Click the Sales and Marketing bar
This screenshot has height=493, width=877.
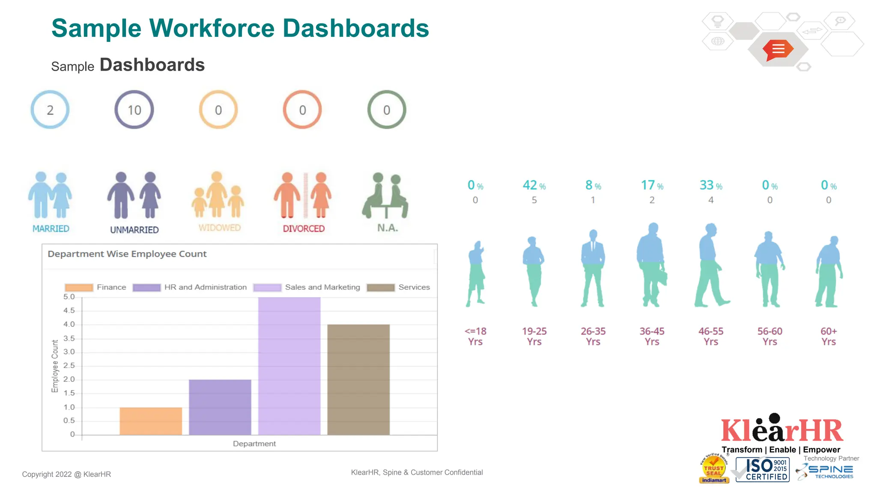(x=289, y=366)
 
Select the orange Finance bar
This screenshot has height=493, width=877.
(x=151, y=421)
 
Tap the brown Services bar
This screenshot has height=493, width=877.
(x=358, y=380)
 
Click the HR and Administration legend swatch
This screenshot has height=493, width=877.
(x=146, y=288)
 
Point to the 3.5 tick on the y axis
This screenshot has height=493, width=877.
(x=69, y=338)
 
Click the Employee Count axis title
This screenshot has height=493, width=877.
(x=55, y=366)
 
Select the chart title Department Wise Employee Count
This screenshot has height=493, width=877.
(x=127, y=254)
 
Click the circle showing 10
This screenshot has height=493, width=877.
(x=134, y=110)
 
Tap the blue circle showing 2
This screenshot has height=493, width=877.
(x=50, y=110)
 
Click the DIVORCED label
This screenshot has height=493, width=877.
(x=304, y=229)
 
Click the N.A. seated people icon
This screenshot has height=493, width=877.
(x=385, y=196)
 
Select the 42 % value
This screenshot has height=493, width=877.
(x=534, y=185)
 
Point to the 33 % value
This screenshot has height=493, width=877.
(x=711, y=185)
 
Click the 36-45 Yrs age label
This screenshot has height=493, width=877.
(x=652, y=336)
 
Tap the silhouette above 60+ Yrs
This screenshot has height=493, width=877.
(x=829, y=272)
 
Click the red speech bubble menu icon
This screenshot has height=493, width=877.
(x=778, y=50)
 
